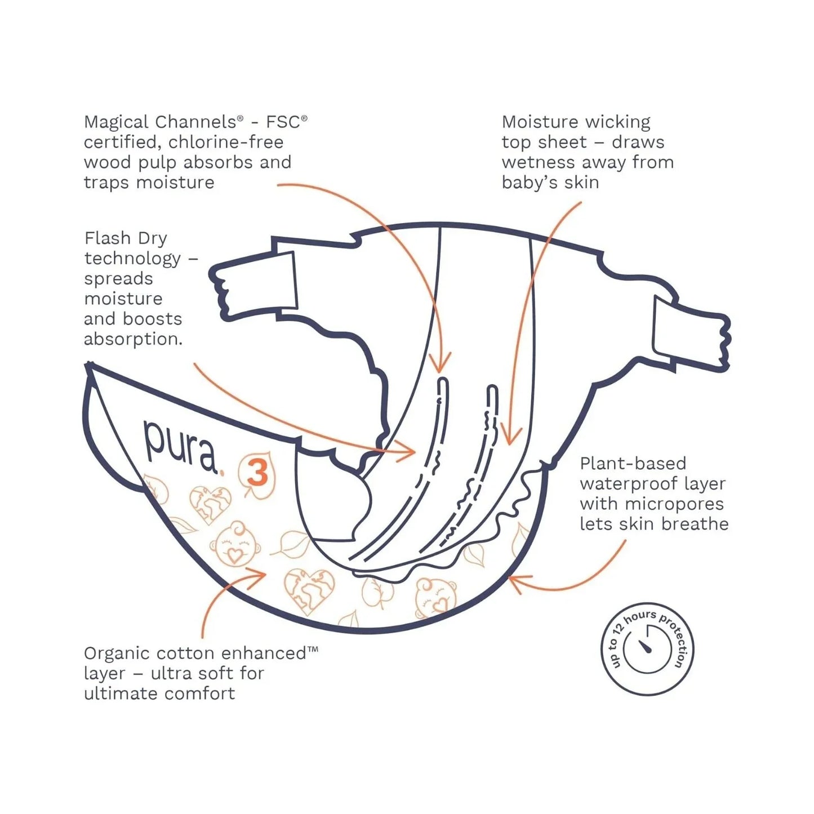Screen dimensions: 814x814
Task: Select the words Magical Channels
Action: (x=159, y=122)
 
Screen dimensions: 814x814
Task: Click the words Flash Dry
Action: (x=126, y=238)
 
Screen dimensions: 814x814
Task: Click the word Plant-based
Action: (x=633, y=464)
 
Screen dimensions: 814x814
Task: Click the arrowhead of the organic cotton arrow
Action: (x=260, y=575)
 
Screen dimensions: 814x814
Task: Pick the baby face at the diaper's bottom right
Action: (x=435, y=597)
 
